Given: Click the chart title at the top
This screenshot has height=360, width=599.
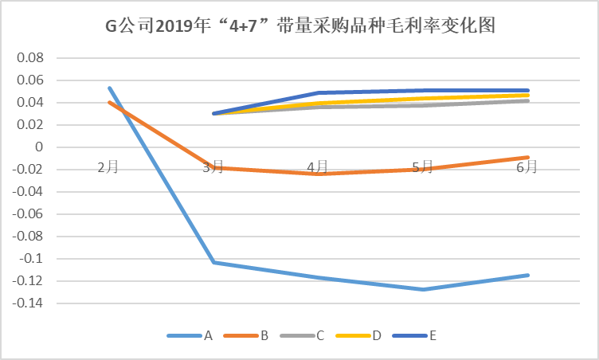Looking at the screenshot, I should click(x=300, y=26).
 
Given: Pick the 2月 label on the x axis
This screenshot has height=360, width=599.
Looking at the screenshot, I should click(x=109, y=167).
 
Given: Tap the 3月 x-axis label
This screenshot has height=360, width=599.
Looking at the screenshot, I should click(x=213, y=167).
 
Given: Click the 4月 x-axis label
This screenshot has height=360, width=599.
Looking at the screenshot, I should click(x=318, y=167).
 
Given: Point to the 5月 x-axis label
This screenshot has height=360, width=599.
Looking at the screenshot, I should click(x=422, y=167).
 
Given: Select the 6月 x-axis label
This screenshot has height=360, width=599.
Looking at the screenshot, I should click(x=527, y=167).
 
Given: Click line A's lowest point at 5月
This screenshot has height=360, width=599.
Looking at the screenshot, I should click(x=422, y=289).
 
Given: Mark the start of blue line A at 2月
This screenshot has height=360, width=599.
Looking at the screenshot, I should click(x=109, y=88).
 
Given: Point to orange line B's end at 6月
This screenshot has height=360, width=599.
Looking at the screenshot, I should click(x=527, y=157).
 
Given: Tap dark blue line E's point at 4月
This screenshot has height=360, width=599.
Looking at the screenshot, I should click(x=318, y=92).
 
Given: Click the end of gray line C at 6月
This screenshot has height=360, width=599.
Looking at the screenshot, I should click(x=527, y=100).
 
